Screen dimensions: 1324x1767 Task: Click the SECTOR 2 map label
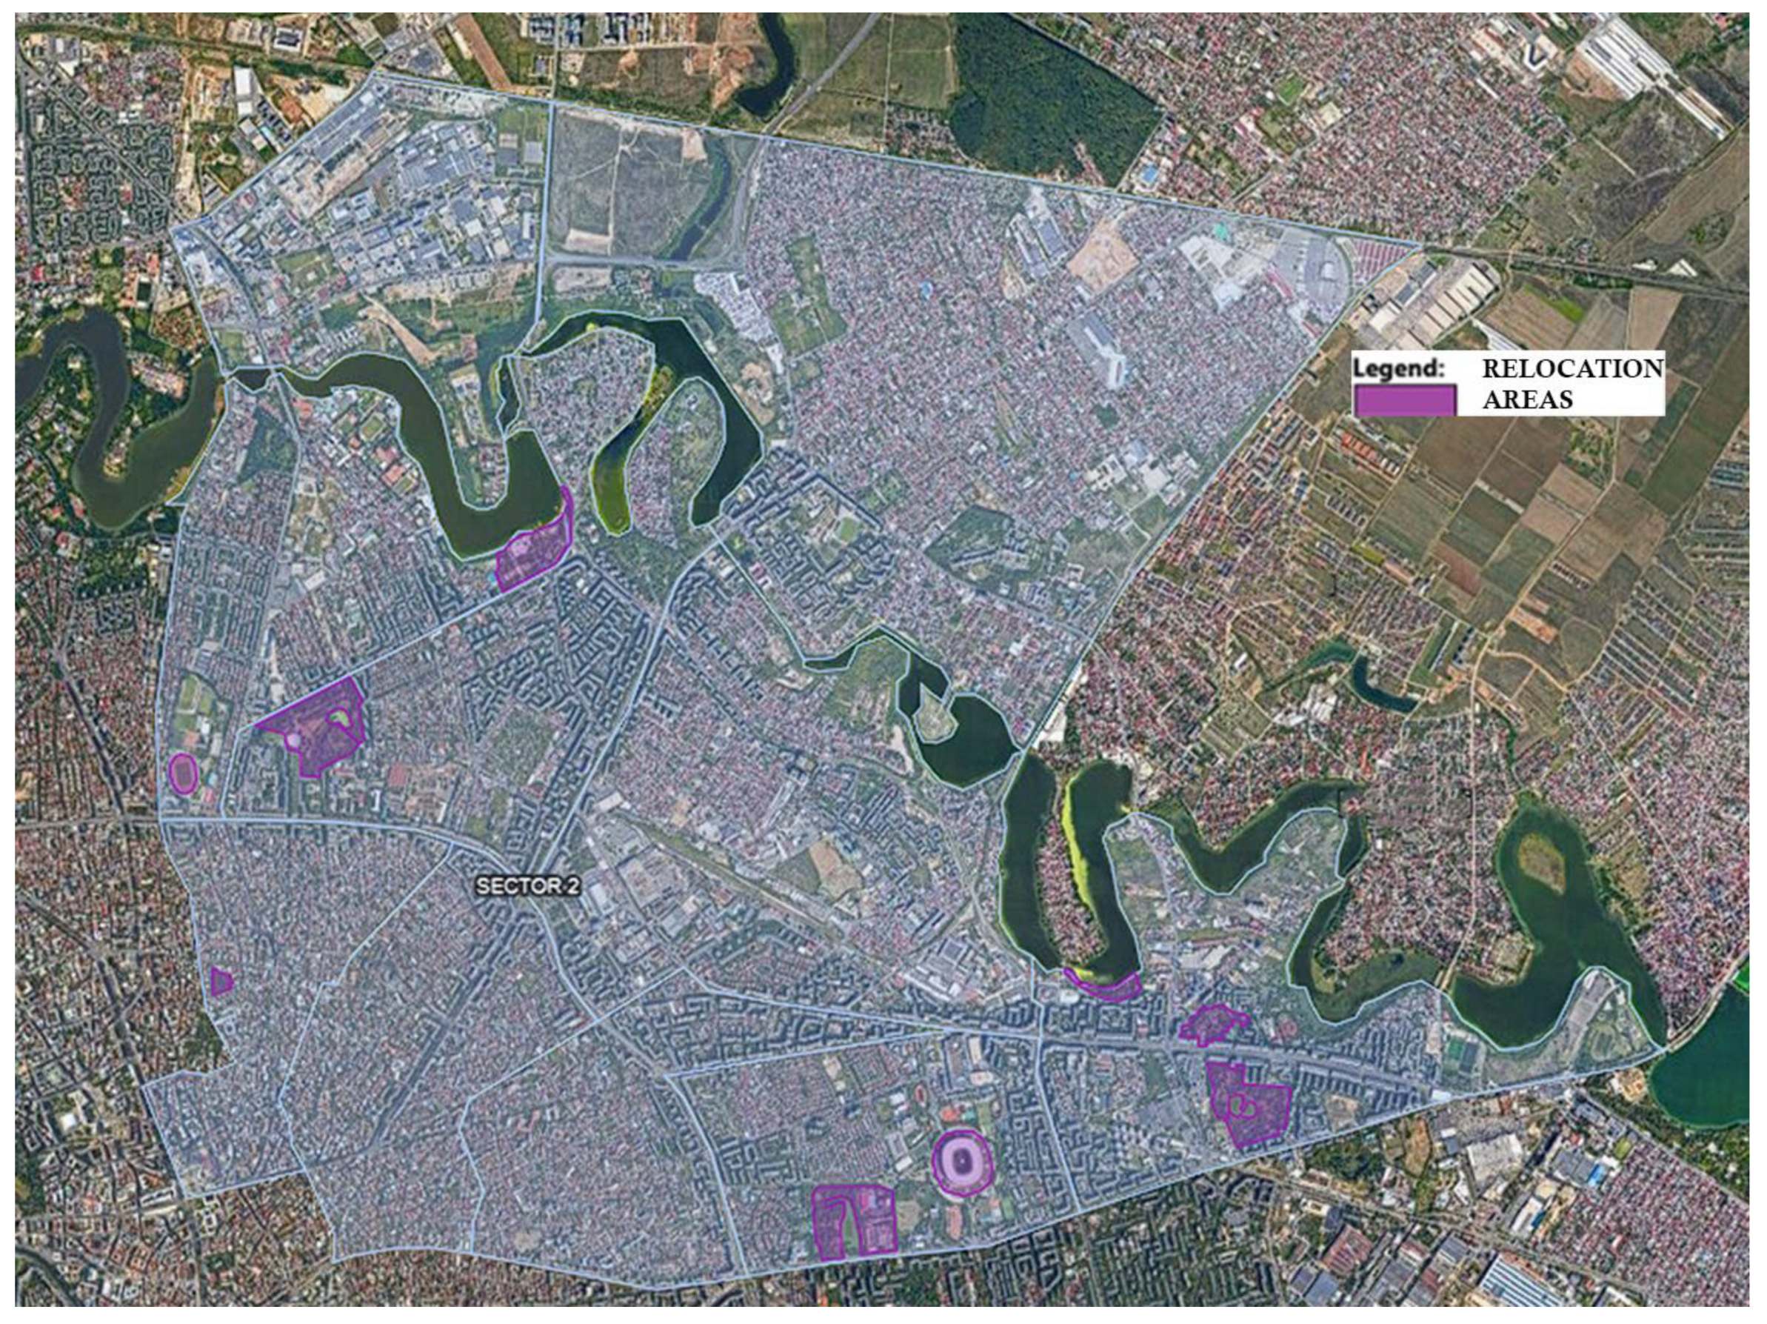(527, 886)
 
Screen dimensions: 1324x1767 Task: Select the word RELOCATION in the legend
(1572, 368)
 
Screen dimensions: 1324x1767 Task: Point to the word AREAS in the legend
(1527, 399)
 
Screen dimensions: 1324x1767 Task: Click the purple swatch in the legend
(1404, 399)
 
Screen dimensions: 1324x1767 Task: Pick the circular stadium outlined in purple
(963, 1162)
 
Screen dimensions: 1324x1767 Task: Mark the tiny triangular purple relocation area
(221, 981)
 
